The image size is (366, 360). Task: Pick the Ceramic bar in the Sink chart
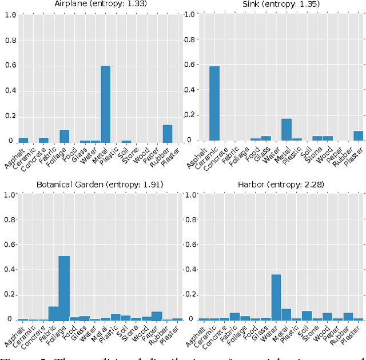214,103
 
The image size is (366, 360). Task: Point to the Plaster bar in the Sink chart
358,135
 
